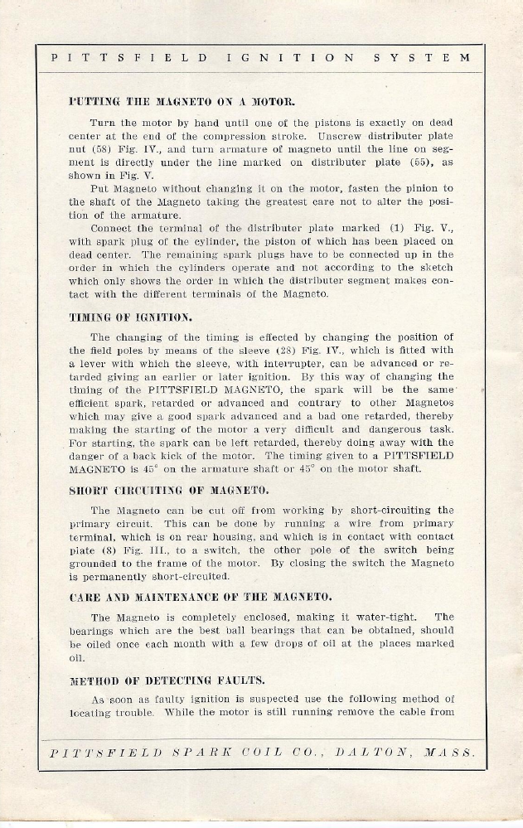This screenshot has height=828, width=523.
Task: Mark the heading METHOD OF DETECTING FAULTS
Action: pyautogui.click(x=167, y=681)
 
